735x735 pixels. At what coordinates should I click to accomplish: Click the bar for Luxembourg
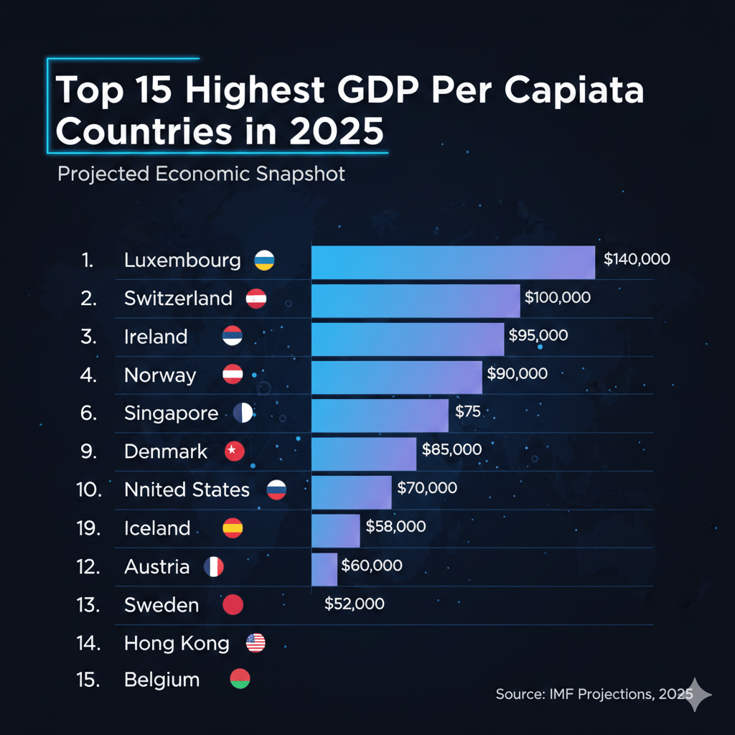click(x=453, y=262)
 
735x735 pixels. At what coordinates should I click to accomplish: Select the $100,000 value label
click(x=558, y=297)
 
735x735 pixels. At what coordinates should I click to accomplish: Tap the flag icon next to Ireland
click(x=233, y=337)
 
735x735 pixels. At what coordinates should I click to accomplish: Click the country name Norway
click(x=160, y=375)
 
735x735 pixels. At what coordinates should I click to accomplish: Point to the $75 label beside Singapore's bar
click(x=467, y=412)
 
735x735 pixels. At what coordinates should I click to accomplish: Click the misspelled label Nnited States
click(x=187, y=490)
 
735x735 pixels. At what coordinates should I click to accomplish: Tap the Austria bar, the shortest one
click(x=324, y=569)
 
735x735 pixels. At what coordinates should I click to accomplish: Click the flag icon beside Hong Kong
click(x=256, y=643)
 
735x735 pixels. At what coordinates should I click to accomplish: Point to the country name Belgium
click(x=161, y=680)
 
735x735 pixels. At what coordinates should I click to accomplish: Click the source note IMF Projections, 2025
click(x=593, y=694)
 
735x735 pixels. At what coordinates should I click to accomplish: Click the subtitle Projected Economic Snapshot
click(x=201, y=174)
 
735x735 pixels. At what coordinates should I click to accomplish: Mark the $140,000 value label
click(x=637, y=259)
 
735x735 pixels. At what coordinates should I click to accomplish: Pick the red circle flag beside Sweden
click(x=233, y=605)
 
